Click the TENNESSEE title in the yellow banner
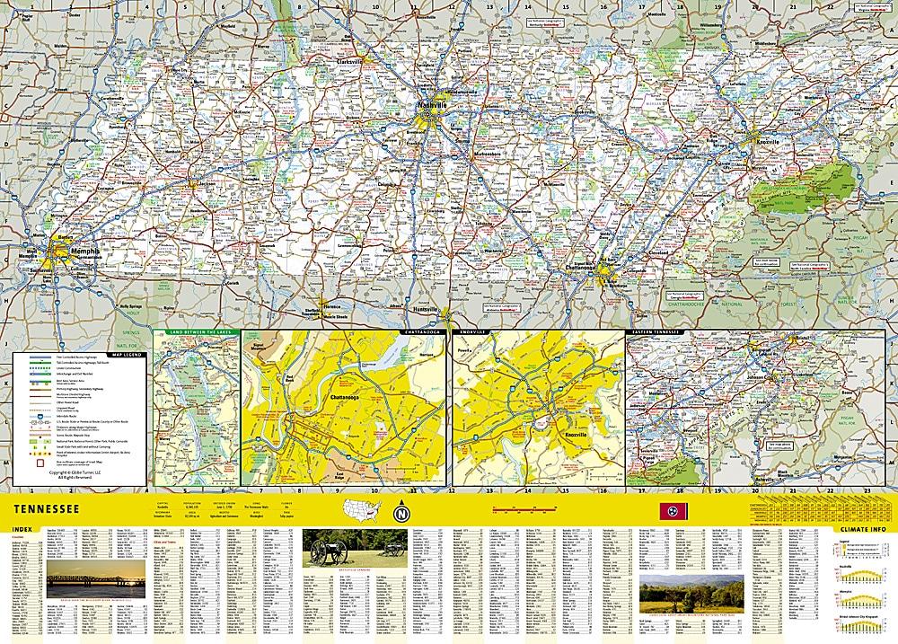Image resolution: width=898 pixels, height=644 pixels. (44, 511)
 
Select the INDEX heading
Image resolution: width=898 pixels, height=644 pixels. (19, 528)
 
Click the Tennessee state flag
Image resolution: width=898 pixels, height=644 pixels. (668, 512)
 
